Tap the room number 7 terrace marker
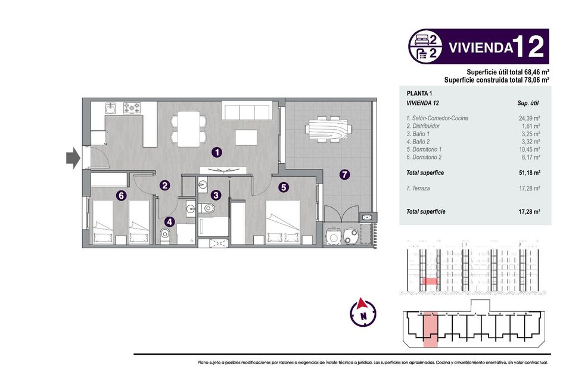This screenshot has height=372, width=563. click(344, 174)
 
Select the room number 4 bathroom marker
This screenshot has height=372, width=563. click(170, 222)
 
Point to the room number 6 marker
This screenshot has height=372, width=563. click(121, 195)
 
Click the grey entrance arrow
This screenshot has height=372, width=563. click(72, 158)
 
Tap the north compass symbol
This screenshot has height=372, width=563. click(363, 311)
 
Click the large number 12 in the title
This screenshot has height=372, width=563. click(530, 46)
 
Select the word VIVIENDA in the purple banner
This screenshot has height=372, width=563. click(480, 47)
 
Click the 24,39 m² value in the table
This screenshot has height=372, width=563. click(529, 118)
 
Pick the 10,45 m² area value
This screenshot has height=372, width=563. click(529, 149)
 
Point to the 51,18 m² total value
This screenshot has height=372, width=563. click(529, 173)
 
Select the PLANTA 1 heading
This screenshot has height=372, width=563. click(419, 93)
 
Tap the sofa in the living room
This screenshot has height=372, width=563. click(246, 111)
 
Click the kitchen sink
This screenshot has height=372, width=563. click(111, 108)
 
